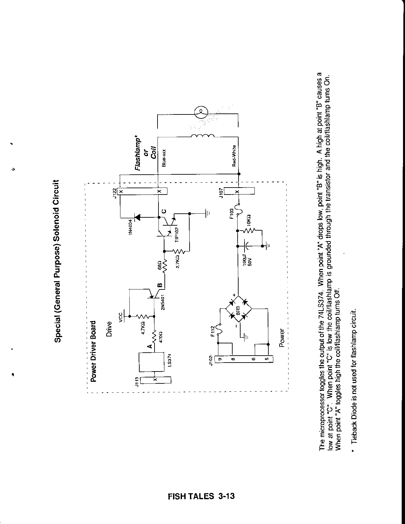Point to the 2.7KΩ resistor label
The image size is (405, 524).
(x=177, y=261)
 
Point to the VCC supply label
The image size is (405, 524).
(x=121, y=317)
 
